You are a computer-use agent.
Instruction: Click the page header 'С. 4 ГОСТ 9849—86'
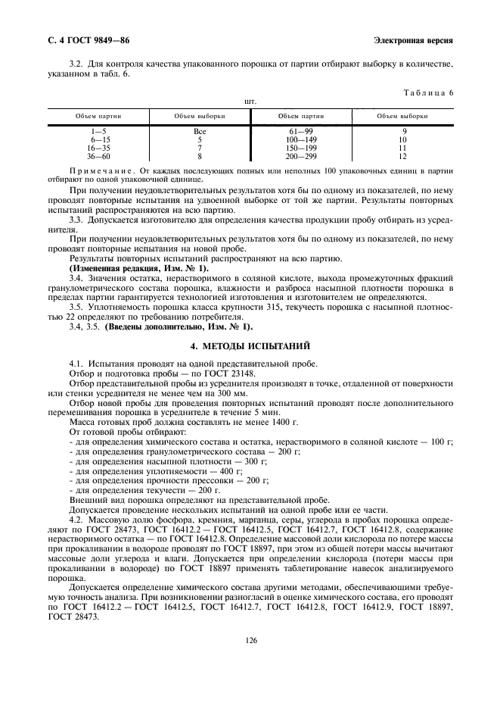point(85,39)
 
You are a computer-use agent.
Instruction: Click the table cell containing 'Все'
point(200,132)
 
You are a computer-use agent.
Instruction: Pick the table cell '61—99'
point(300,132)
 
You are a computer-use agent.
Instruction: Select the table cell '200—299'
point(300,157)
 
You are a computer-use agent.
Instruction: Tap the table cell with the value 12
point(402,157)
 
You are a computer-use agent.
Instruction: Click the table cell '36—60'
point(99,157)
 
